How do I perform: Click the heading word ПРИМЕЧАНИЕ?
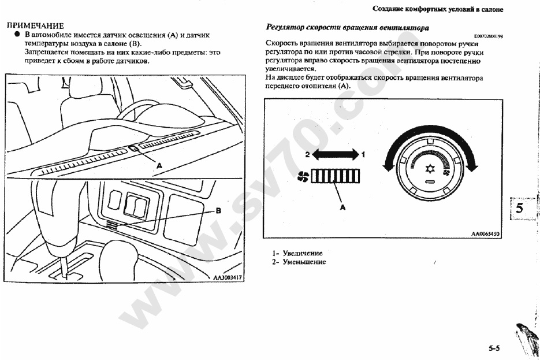34,26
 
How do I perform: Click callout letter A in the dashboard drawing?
159,165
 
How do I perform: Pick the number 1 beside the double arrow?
363,154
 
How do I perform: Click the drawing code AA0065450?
485,234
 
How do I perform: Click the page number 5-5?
494,348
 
